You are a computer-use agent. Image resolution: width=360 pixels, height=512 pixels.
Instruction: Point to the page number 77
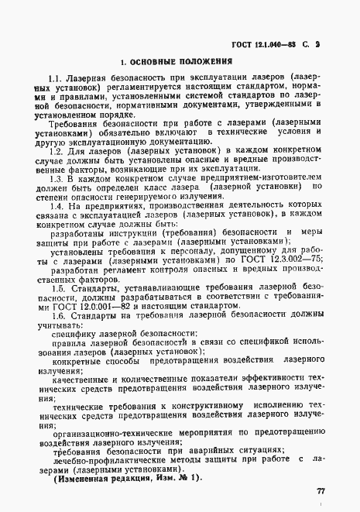pyautogui.click(x=321, y=491)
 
